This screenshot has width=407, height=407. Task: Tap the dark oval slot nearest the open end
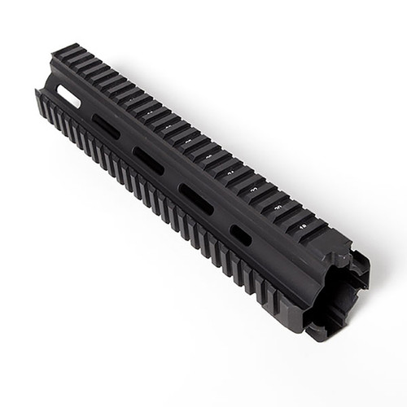pos(241,234)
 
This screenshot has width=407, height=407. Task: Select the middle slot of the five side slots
pos(149,160)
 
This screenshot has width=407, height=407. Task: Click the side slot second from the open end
pos(195,199)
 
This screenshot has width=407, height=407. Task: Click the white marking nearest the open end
pos(303,219)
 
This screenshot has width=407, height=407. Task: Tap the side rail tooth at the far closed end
pos(42,101)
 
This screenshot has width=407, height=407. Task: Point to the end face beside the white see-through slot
pos(49,85)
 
